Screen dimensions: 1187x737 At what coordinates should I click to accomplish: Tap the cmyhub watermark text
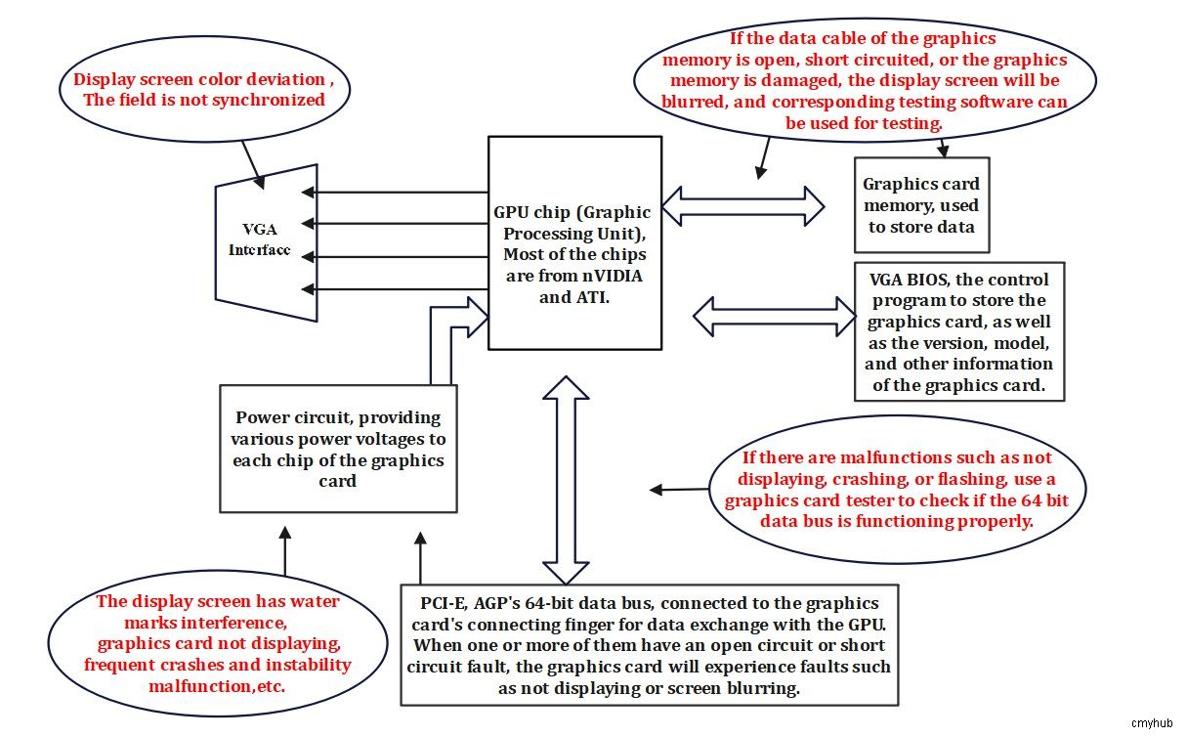[x=1152, y=723]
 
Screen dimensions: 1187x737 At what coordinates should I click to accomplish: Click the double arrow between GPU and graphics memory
[x=742, y=206]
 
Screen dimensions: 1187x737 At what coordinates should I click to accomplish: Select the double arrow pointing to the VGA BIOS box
[x=774, y=317]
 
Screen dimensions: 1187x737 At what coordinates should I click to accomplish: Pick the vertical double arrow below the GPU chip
[x=566, y=480]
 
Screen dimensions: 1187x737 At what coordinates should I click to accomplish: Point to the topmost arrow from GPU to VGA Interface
[x=395, y=192]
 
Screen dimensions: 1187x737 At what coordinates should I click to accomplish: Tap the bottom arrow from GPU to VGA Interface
[x=395, y=289]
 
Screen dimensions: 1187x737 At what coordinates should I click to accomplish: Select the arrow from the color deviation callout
[x=253, y=165]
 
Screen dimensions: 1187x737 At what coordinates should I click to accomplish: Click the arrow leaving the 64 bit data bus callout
[x=679, y=490]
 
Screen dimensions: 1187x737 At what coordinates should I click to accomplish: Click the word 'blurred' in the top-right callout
[x=695, y=102]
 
